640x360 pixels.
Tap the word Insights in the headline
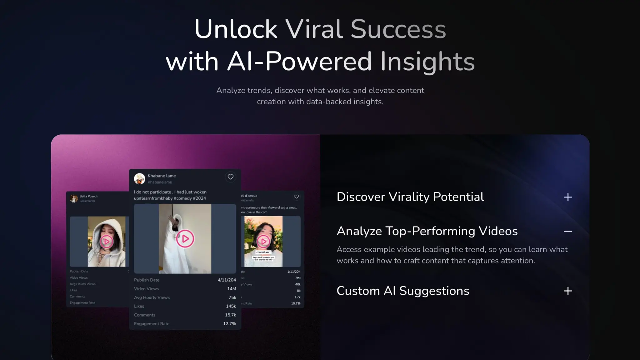tap(427, 62)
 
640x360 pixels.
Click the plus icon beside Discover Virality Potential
tap(567, 197)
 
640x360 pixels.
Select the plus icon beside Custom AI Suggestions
tap(567, 291)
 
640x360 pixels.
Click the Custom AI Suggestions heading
tap(402, 291)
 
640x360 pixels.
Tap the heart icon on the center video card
tap(230, 177)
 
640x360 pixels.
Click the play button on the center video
tap(185, 239)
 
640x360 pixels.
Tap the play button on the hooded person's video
tap(106, 242)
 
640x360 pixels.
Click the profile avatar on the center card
tap(139, 179)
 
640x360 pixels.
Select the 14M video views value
tap(231, 289)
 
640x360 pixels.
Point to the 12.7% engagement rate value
tap(229, 324)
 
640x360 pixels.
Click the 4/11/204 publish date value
tap(227, 280)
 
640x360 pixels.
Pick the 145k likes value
tap(231, 306)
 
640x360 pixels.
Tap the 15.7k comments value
tap(230, 315)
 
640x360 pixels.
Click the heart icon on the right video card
tap(296, 197)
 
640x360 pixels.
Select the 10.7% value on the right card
tap(296, 303)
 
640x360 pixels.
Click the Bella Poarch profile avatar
tap(74, 198)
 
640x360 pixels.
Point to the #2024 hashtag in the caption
tap(199, 198)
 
